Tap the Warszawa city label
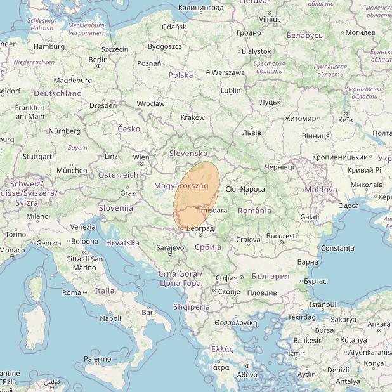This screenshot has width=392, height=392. pyautogui.click(x=228, y=73)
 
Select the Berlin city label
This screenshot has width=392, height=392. pyautogui.click(x=98, y=60)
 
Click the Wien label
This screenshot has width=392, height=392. pyautogui.click(x=141, y=157)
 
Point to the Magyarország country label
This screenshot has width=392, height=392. pyautogui.click(x=181, y=185)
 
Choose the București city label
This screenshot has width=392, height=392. pyautogui.click(x=282, y=236)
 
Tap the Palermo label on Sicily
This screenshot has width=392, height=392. pyautogui.click(x=98, y=359)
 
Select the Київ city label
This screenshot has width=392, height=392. pyautogui.click(x=346, y=120)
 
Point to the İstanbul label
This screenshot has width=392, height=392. pyautogui.click(x=322, y=304)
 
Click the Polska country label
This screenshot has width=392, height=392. pyautogui.click(x=181, y=75)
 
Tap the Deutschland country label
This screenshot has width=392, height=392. pyautogui.click(x=58, y=93)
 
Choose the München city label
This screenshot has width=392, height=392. pyautogui.click(x=72, y=170)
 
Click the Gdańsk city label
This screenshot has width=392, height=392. pyautogui.click(x=174, y=27)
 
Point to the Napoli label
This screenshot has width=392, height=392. pyautogui.click(x=110, y=318)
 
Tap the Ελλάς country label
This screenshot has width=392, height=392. pyautogui.click(x=222, y=349)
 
